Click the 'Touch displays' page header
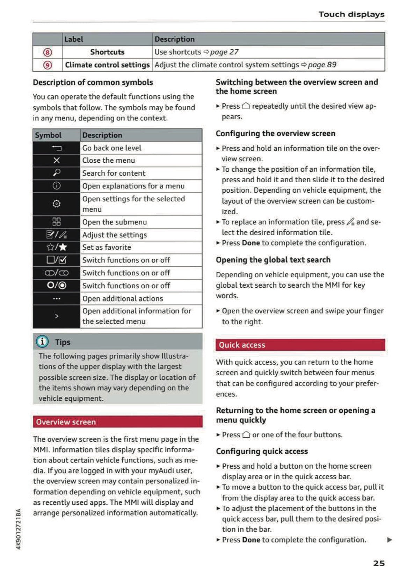click(x=351, y=14)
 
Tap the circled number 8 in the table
click(x=48, y=52)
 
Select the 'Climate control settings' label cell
click(x=107, y=65)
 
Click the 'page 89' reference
click(x=322, y=65)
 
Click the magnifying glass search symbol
click(x=57, y=173)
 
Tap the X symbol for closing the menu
click(x=57, y=160)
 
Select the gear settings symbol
click(x=57, y=204)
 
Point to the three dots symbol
click(x=57, y=298)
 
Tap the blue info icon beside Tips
click(x=42, y=341)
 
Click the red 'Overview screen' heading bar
click(x=118, y=422)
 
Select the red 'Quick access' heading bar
click(x=300, y=345)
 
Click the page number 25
click(x=379, y=563)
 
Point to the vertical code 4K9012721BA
click(x=19, y=528)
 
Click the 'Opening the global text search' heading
click(x=273, y=260)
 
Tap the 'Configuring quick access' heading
click(x=262, y=451)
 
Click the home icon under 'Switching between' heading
click(x=246, y=106)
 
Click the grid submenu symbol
click(x=57, y=222)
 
